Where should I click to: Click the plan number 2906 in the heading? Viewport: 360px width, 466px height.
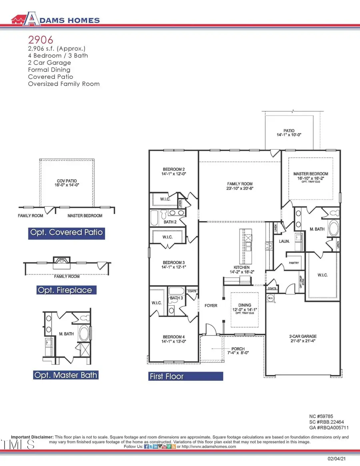coord(38,40)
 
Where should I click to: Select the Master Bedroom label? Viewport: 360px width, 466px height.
coord(310,174)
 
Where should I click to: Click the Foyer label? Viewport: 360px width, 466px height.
coord(211,306)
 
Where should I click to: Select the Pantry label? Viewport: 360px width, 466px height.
coord(294,264)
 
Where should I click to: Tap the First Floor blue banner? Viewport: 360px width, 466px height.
coord(185,376)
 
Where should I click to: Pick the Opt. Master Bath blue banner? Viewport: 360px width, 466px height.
coord(66,375)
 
